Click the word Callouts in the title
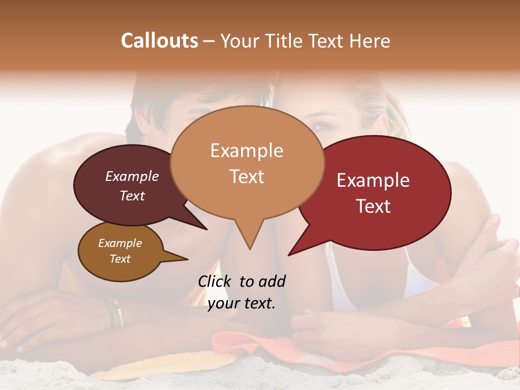click(x=159, y=41)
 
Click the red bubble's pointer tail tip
click(x=288, y=255)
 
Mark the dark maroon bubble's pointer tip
click(x=207, y=230)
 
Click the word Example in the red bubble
click(x=373, y=180)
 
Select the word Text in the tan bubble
click(x=247, y=177)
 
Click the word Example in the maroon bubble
click(x=132, y=177)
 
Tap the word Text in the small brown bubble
click(x=120, y=259)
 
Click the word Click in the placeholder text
click(x=216, y=282)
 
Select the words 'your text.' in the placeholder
click(x=241, y=303)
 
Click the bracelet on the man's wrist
click(x=115, y=313)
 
